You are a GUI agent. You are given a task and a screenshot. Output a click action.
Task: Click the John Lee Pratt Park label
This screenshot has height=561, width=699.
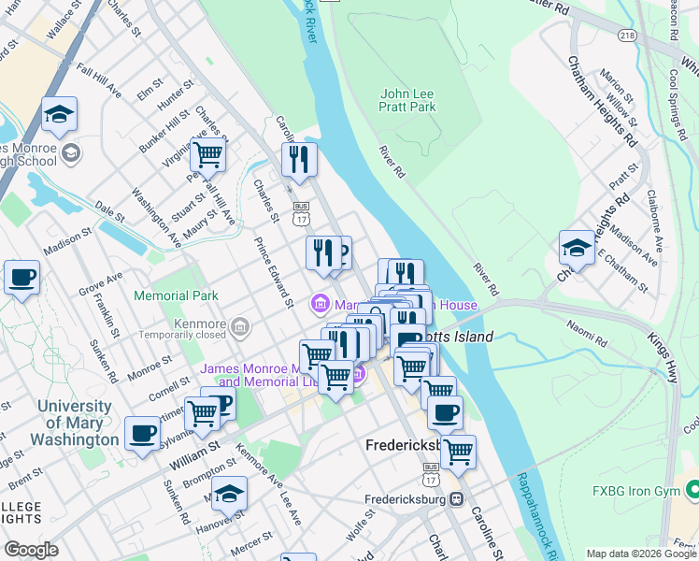point(408,100)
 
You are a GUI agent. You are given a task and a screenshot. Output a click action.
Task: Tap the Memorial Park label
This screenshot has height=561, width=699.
point(176,295)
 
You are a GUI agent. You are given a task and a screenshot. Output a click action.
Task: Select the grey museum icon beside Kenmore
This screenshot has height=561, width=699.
point(241,325)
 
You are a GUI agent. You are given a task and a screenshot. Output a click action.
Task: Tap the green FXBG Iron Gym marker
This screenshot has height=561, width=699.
point(692,489)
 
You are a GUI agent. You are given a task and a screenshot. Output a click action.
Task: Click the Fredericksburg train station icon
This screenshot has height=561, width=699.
point(455,498)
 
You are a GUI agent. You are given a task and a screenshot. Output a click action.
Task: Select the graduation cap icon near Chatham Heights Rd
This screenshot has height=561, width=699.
point(576,248)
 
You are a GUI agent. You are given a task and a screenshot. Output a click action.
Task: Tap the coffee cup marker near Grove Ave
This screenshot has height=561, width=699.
point(21,278)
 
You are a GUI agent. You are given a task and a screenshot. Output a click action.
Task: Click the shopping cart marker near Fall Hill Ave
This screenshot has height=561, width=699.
point(207,153)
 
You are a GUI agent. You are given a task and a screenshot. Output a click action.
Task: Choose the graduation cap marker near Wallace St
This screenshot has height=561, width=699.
point(60,113)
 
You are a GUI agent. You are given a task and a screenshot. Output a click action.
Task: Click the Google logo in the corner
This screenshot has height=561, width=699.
point(31,550)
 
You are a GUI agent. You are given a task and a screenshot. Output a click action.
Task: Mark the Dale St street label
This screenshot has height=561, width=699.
point(109,213)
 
